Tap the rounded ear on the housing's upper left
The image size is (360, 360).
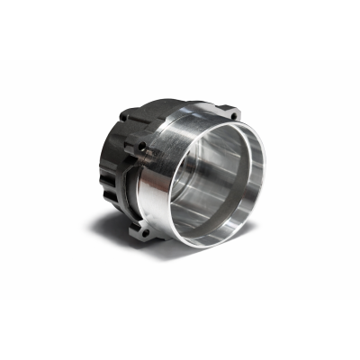click(124, 119)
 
